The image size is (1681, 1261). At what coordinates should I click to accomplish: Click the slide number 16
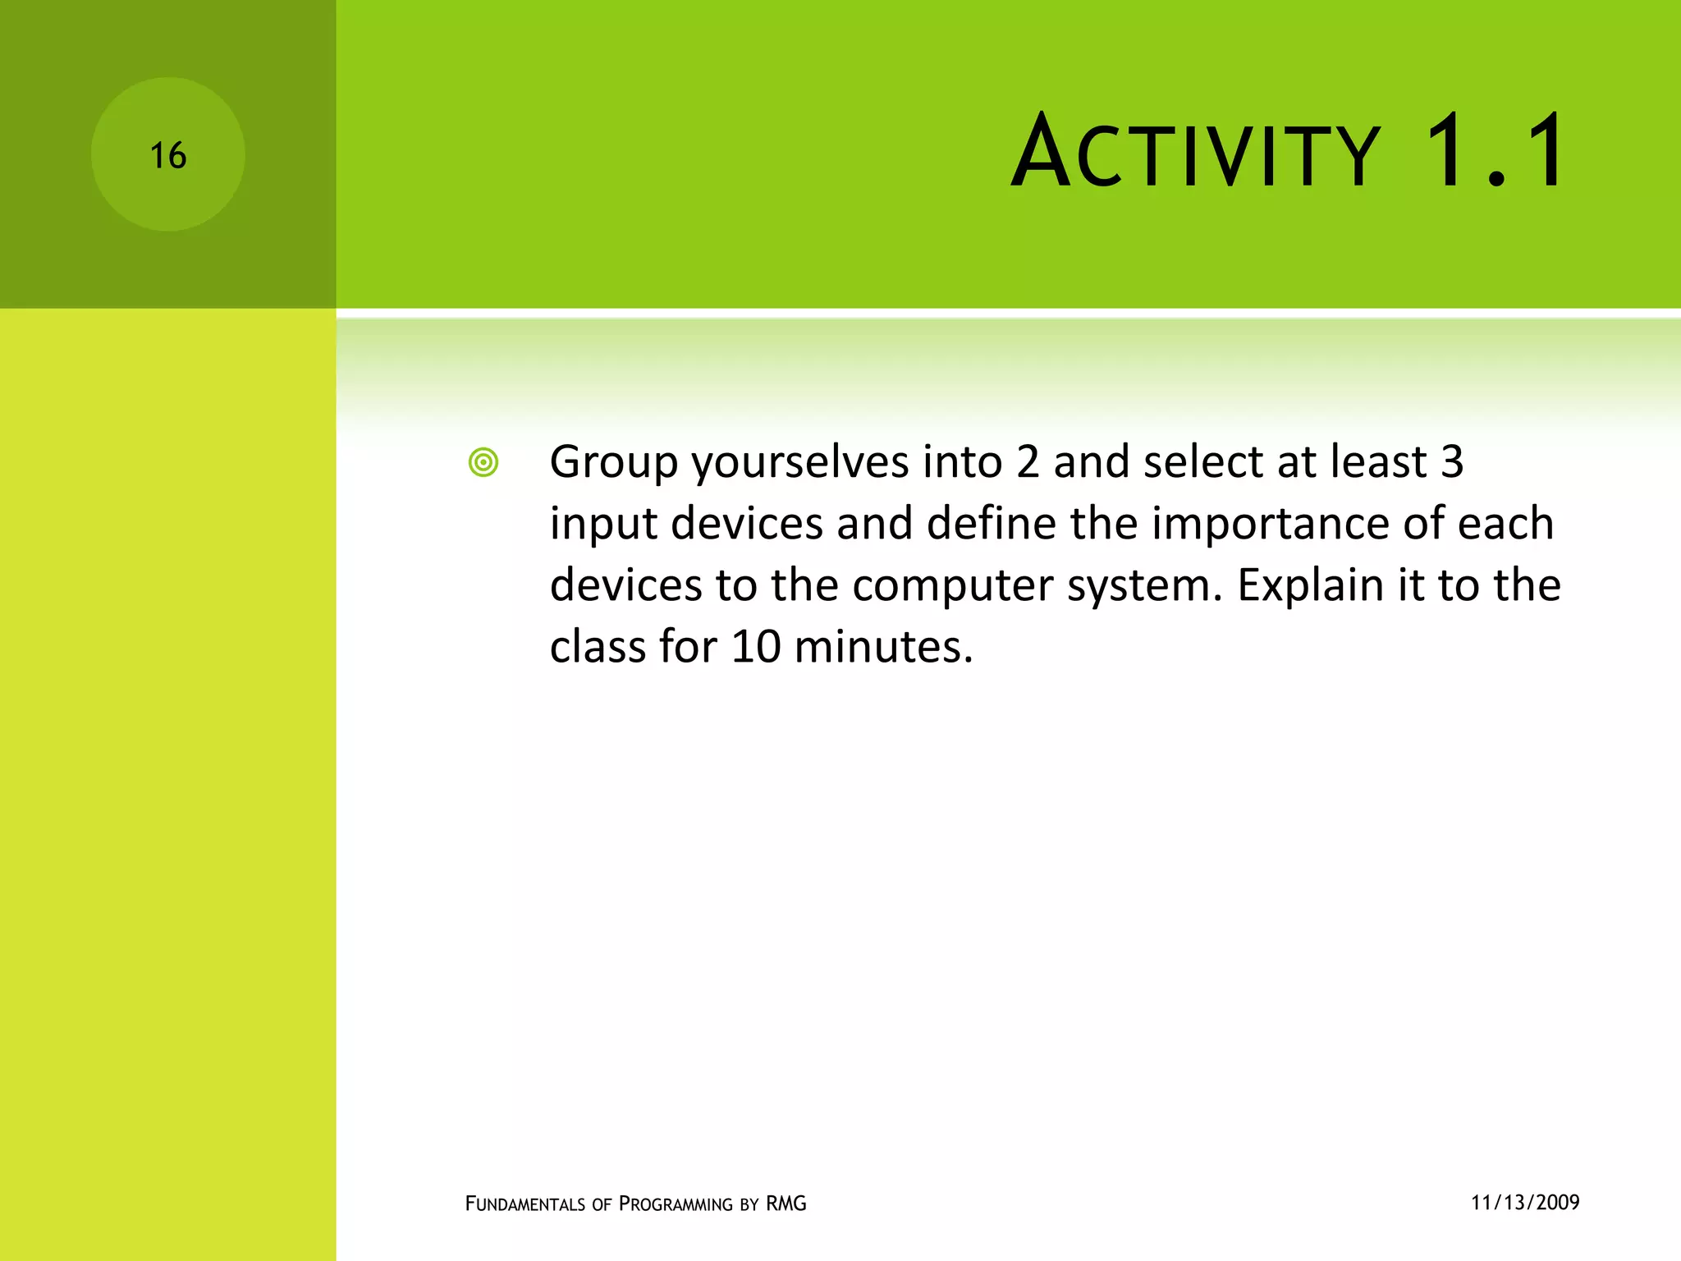click(x=168, y=156)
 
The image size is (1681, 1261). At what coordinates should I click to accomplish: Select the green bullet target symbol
click(x=483, y=463)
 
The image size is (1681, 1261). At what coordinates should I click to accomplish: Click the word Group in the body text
click(x=613, y=463)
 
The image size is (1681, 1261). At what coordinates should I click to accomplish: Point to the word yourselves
click(x=799, y=463)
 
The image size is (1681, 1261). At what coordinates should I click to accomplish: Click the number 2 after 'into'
click(x=1028, y=461)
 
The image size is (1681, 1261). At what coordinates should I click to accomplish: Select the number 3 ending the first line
click(x=1452, y=461)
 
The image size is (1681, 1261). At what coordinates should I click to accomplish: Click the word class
click(x=598, y=647)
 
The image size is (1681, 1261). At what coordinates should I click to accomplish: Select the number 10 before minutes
click(x=755, y=647)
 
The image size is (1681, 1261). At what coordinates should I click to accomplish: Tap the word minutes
click(x=883, y=647)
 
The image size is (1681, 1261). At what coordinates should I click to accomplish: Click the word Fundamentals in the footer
click(x=525, y=1204)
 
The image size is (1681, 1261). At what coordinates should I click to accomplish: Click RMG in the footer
click(x=786, y=1204)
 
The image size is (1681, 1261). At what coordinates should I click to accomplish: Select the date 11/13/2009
click(x=1525, y=1203)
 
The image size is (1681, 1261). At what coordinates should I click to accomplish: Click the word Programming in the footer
click(x=676, y=1204)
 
